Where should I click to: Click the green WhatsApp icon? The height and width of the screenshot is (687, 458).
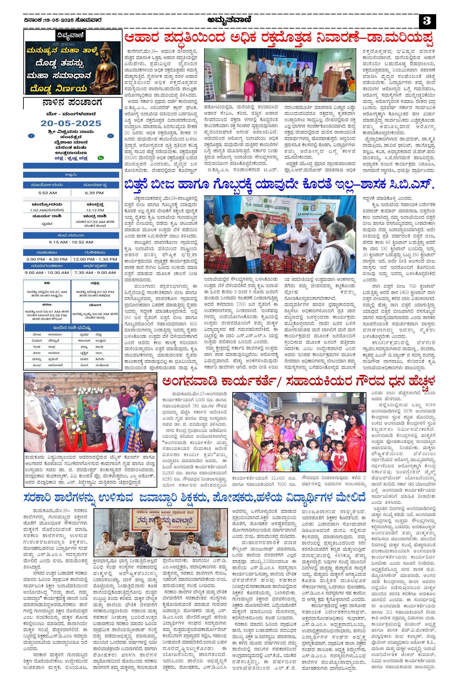[101, 158]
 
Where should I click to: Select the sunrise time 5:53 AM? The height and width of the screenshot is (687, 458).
[47, 193]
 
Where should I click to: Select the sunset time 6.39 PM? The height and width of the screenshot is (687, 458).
[94, 193]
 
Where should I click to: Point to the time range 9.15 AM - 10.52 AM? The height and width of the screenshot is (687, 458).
[71, 242]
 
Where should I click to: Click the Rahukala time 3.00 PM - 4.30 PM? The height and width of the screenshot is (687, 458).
[47, 259]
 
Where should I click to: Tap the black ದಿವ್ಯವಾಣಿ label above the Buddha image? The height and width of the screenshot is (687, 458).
[71, 36]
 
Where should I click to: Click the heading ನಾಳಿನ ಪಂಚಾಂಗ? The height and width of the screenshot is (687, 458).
[72, 103]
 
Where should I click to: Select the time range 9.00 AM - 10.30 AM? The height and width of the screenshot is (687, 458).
[47, 273]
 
